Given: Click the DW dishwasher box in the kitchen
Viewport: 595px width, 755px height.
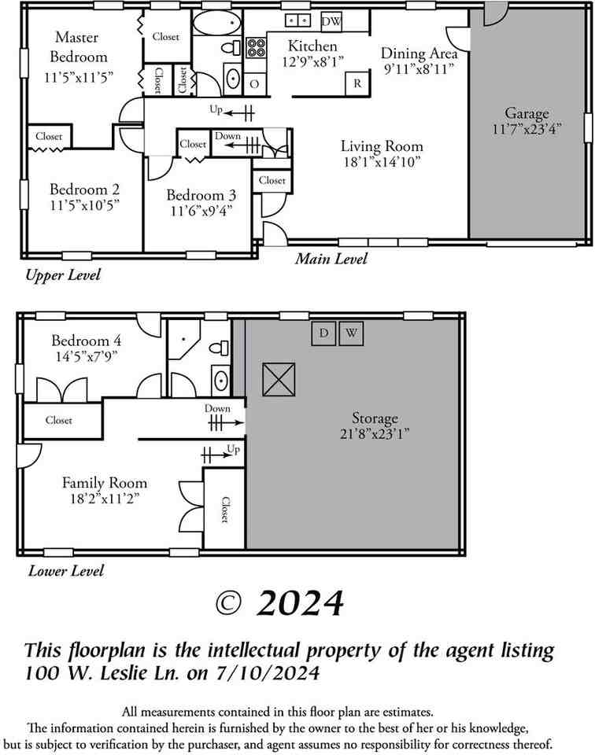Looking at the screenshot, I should [x=331, y=21].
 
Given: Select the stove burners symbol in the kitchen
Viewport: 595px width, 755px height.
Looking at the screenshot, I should [x=257, y=49].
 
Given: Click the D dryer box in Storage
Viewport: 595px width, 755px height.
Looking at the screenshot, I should [x=323, y=333].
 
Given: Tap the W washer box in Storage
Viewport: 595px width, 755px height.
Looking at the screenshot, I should [x=352, y=333].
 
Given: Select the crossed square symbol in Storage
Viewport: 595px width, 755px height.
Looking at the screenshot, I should [x=278, y=379].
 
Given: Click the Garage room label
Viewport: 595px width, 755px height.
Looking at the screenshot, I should [x=527, y=113].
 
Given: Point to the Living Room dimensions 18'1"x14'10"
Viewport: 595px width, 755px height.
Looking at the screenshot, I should [x=382, y=162].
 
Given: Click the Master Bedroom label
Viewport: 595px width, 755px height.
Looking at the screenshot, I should [x=78, y=47].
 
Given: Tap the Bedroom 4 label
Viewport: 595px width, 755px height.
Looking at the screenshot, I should [x=87, y=341].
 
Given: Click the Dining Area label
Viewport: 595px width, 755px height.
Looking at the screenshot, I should [x=419, y=53].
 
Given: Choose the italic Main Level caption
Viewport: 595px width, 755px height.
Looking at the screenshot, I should [x=331, y=259].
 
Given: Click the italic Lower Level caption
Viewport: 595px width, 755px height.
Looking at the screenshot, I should [x=66, y=571].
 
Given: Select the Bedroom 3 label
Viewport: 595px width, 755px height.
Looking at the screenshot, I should [x=198, y=195].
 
